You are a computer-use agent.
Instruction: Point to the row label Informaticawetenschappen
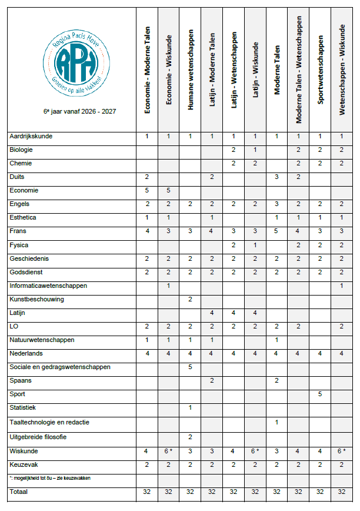coord(48,286)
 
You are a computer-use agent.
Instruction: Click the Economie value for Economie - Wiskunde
coord(168,190)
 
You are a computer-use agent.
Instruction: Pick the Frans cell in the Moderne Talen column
coord(277,231)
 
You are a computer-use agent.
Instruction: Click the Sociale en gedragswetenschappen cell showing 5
coord(190,367)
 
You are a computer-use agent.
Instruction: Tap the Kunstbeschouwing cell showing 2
coord(190,300)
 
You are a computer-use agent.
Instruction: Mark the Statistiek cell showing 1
coord(190,408)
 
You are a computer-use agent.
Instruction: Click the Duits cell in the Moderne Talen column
coord(277,177)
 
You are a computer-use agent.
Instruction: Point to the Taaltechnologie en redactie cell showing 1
coord(277,422)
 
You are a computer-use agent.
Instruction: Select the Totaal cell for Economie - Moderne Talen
coord(146,490)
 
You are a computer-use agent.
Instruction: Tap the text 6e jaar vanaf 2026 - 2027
coord(71,111)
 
